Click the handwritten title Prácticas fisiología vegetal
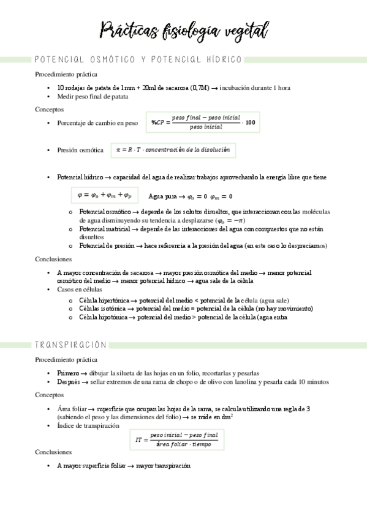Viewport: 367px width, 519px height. [183, 29]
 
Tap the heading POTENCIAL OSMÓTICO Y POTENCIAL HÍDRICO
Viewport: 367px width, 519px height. [138, 60]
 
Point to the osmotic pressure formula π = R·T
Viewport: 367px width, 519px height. [173, 150]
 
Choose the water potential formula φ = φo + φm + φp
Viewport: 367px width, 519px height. [105, 196]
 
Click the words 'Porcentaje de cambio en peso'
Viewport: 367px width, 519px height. [97, 122]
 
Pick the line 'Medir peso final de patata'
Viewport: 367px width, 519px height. [93, 96]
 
